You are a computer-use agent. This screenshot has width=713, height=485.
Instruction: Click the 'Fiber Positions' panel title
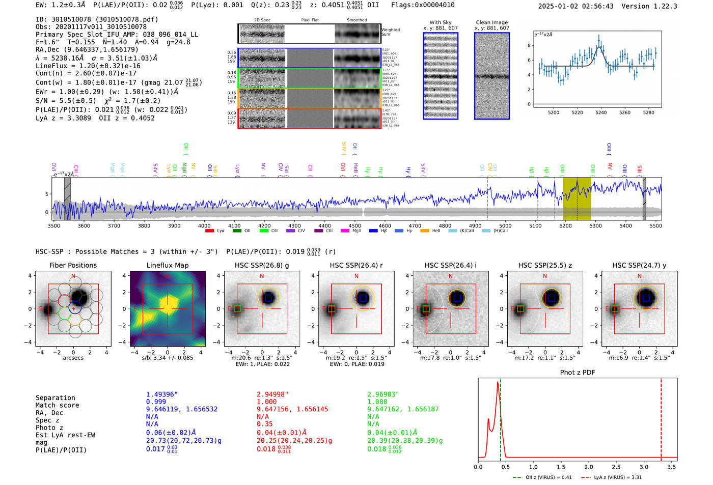[x=73, y=265]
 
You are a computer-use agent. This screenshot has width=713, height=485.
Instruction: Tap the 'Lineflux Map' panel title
[x=167, y=265]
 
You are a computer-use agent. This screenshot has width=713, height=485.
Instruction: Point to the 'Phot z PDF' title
[x=577, y=372]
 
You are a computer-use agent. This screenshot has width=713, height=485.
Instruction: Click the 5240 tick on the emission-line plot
[x=601, y=112]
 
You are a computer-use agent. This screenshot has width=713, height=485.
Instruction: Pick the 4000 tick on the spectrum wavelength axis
[x=204, y=225]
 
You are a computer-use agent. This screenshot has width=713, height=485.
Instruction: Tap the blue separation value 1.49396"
[x=161, y=394]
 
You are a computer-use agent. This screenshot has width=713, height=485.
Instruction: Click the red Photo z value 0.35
[x=264, y=424]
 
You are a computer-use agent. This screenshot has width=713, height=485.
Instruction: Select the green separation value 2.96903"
[x=383, y=394]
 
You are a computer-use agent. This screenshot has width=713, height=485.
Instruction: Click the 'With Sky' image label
[x=440, y=22]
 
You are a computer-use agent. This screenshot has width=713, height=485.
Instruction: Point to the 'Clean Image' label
[x=491, y=22]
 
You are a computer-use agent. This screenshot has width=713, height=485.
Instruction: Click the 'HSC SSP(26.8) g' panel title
[x=261, y=265]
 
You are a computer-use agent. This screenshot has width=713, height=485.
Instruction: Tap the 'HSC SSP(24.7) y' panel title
[x=639, y=265]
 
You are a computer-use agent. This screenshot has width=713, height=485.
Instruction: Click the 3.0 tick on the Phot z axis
[x=644, y=467]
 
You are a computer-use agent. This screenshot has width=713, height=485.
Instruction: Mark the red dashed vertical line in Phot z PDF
[x=661, y=417]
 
